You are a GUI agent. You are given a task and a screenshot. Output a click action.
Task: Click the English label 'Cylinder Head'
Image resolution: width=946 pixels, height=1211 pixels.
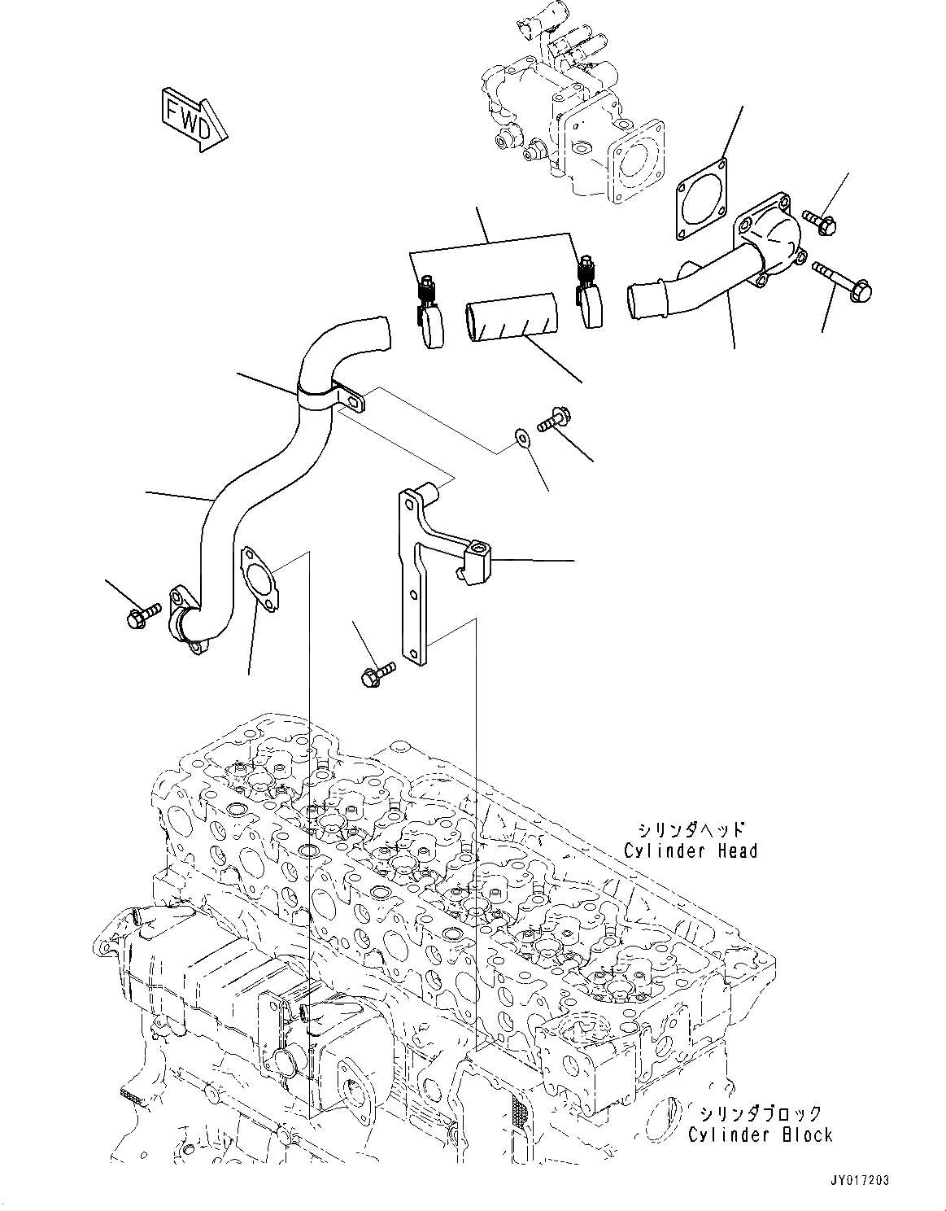coord(691,850)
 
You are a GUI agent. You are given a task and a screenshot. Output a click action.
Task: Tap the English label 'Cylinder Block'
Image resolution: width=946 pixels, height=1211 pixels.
coord(760,1134)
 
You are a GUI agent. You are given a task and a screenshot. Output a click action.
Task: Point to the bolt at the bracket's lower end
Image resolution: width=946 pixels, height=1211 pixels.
coord(373,673)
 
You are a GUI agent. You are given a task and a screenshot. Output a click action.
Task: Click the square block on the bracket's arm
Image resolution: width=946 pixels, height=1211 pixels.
coord(476,557)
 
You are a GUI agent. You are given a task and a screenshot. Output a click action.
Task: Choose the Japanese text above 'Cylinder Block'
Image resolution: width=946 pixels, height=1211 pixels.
coord(760,1113)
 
